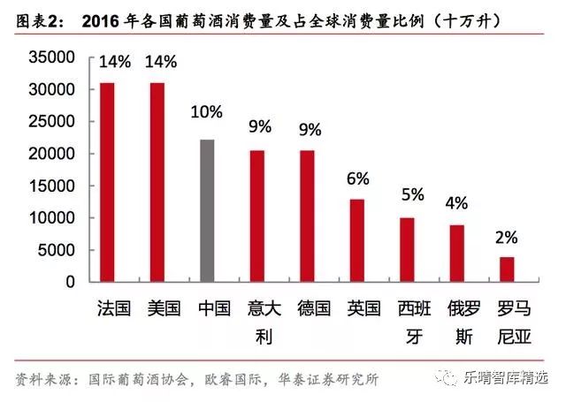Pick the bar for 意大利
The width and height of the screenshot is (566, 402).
pos(257,216)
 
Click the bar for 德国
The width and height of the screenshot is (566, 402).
pos(307,216)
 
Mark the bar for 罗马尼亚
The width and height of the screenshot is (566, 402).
pos(507,269)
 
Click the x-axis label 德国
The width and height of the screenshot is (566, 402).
pos(307,308)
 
